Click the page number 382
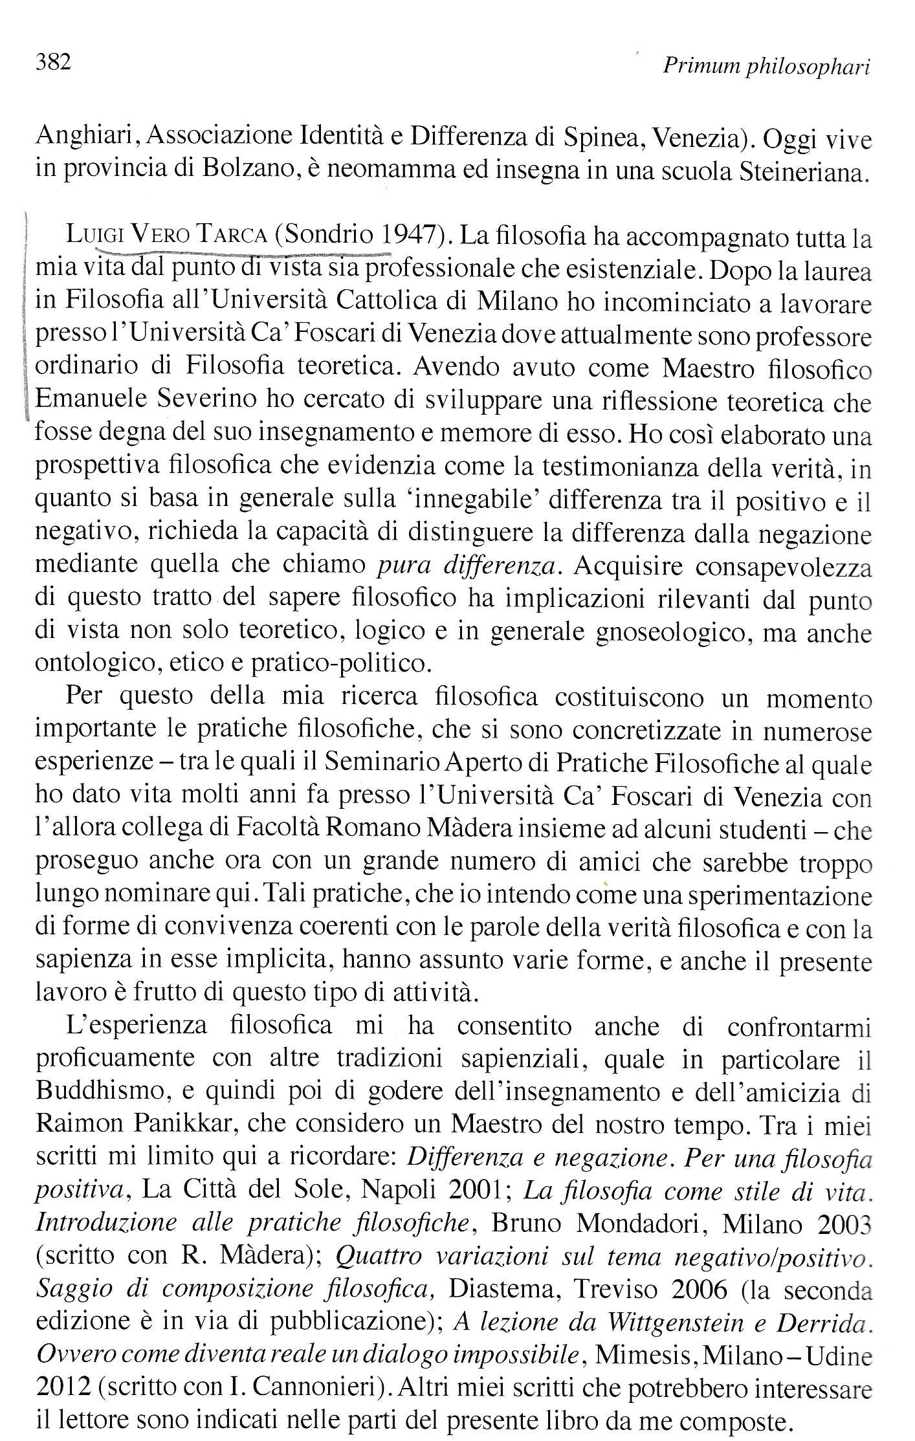52,63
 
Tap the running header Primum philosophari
766,67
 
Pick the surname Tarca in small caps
232,235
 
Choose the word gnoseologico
673,632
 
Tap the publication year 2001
478,1190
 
